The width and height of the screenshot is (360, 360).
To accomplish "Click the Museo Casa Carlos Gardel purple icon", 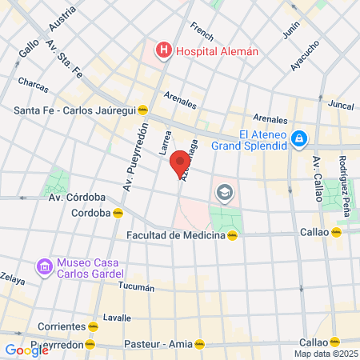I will point(43,265).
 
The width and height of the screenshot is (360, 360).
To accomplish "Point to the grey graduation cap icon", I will point(223,192).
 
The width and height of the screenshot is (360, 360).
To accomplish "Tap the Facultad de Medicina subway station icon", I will point(233,235).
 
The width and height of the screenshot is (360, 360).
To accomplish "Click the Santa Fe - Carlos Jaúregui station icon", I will point(142,110).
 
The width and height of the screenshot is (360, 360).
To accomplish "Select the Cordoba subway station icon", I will point(118,213).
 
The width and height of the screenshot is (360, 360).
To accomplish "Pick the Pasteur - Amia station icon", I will point(200,344).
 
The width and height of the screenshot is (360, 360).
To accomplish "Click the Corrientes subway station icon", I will point(94,326).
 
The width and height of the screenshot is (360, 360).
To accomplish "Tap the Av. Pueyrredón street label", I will point(135,158).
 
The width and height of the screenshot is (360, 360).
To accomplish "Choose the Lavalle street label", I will point(116,318).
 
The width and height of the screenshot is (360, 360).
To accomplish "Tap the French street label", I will point(202,36).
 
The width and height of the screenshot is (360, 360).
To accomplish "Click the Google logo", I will point(26,350).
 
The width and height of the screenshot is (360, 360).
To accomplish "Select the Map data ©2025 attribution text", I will point(326,354).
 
